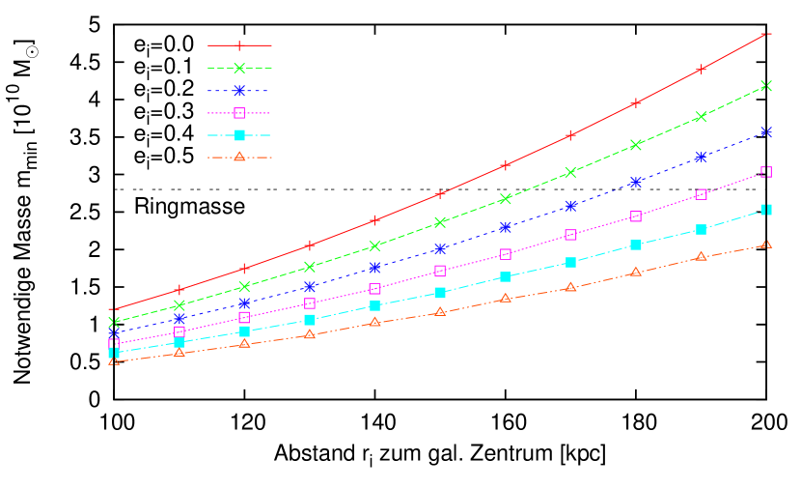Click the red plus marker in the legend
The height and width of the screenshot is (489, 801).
[x=239, y=45]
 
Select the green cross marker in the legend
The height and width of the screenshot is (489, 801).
[x=239, y=68]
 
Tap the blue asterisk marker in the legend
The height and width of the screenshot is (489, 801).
[x=239, y=91]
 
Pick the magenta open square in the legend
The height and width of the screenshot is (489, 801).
[x=239, y=113]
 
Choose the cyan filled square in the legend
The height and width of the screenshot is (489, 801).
[x=239, y=135]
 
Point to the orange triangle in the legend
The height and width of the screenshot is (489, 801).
[x=239, y=157]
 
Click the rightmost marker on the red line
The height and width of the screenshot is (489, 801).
[x=766, y=33]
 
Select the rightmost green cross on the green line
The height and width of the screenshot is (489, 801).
[x=766, y=86]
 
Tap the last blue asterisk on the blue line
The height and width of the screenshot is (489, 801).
[x=766, y=131]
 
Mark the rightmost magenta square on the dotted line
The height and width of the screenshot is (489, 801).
[x=766, y=172]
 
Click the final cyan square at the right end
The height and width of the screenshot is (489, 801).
[x=766, y=210]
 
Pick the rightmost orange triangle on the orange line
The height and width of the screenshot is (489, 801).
[x=766, y=244]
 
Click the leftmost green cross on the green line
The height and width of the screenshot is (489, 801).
[x=114, y=322]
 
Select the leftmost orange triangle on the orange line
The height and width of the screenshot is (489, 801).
[x=114, y=360]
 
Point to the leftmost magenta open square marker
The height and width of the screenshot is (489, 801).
[x=114, y=343]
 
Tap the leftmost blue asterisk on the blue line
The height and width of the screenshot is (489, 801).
[x=114, y=333]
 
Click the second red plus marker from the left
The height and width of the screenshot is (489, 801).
[x=180, y=290]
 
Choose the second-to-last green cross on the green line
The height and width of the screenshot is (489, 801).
[x=702, y=117]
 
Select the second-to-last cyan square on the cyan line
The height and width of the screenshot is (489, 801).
[x=702, y=230]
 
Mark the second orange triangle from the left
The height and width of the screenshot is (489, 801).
[x=180, y=353]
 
